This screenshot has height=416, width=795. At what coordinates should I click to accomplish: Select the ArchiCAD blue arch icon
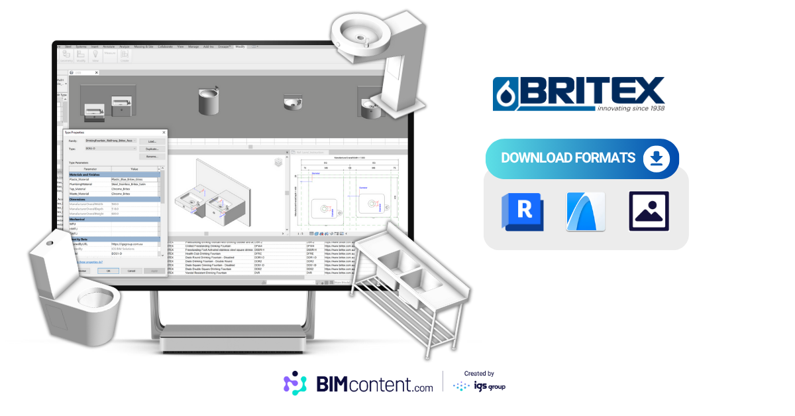(586, 211)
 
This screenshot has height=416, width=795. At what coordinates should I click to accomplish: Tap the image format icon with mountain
(649, 211)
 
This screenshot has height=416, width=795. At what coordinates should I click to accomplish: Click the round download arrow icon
(656, 159)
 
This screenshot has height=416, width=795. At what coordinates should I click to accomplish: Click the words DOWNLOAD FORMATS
(568, 159)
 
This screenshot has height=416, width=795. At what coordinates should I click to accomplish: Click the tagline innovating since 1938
(630, 107)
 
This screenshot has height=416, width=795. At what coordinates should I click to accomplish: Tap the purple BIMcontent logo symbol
(295, 383)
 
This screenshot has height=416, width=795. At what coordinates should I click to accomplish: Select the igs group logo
(479, 385)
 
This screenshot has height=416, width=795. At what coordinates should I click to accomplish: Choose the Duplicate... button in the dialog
(152, 149)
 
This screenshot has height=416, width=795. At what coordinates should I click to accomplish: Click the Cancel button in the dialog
(131, 271)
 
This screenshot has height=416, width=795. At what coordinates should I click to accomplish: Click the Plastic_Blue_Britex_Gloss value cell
(134, 179)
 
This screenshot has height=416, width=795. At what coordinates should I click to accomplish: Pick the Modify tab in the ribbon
(240, 47)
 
